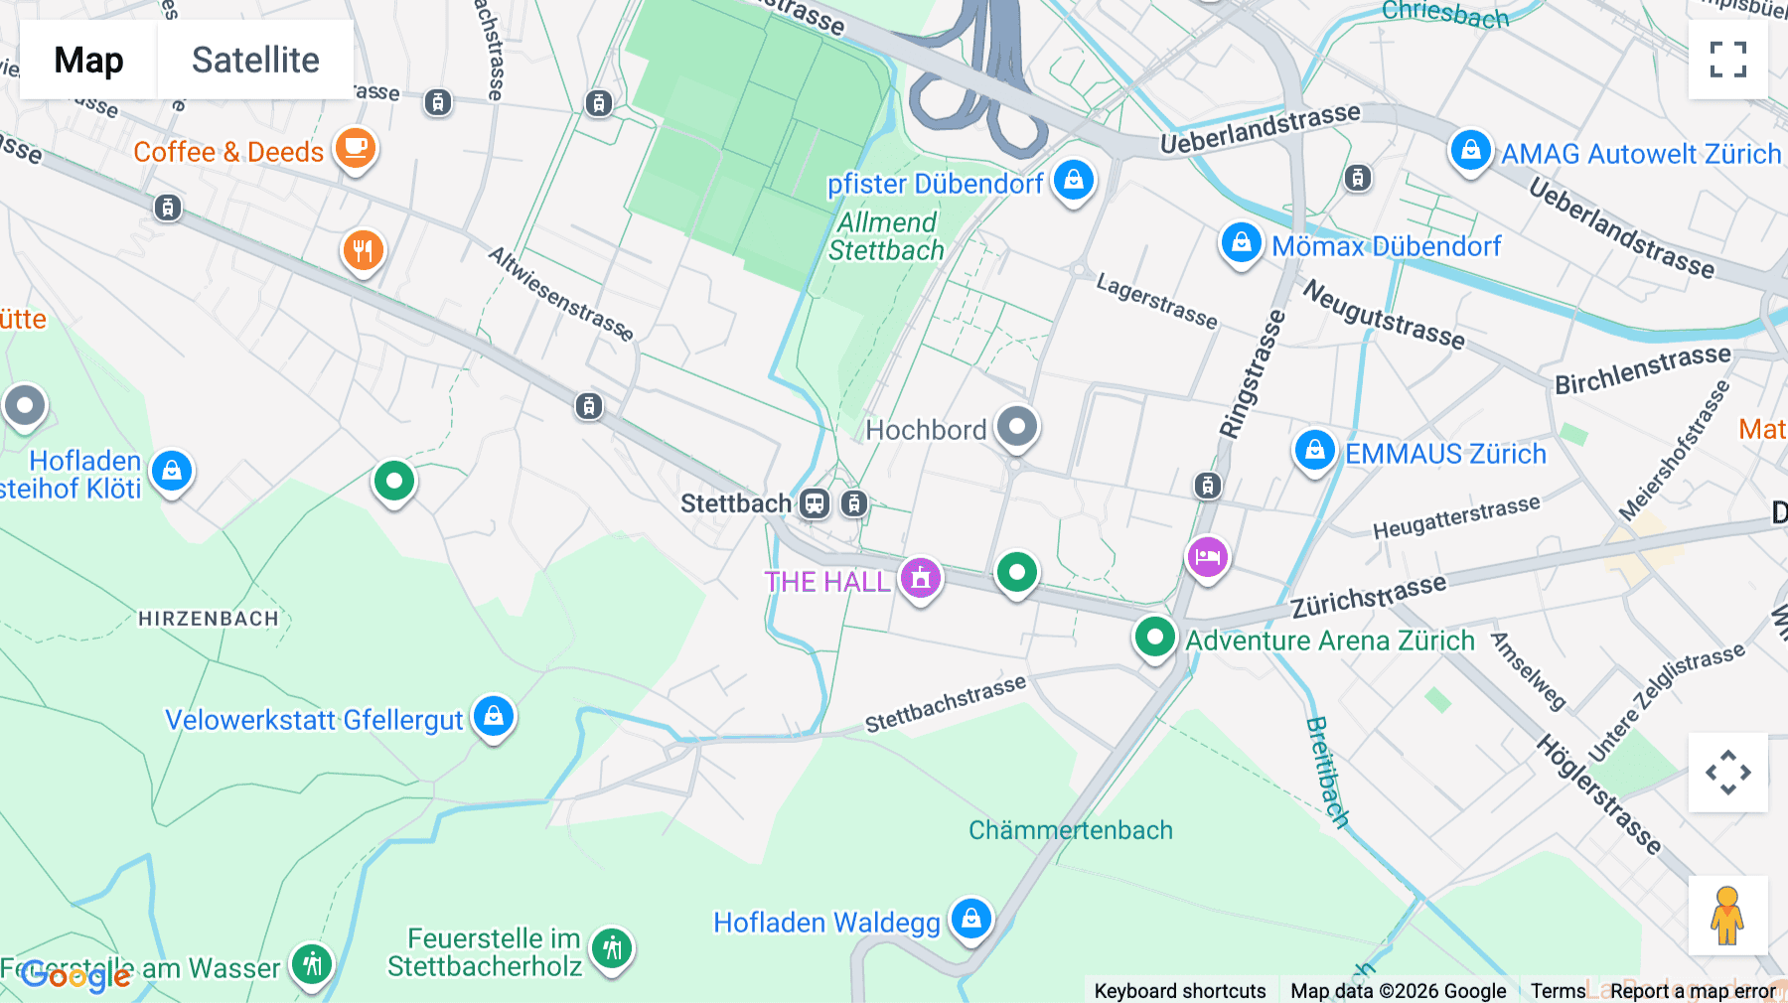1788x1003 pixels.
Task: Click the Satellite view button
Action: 255,60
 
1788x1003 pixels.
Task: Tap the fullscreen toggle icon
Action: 1727,60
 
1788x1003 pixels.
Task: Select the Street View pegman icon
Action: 1727,916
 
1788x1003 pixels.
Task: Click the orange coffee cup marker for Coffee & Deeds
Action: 355,149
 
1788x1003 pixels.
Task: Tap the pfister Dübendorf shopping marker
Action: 1073,181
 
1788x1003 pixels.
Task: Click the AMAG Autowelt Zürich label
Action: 1640,154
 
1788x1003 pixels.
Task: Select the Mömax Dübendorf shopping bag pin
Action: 1241,243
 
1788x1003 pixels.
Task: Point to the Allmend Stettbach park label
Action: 886,236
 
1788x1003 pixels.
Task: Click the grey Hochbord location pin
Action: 1016,428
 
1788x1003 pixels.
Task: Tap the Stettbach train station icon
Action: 815,503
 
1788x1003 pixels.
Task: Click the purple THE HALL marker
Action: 921,577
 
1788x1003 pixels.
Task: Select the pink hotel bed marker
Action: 1207,557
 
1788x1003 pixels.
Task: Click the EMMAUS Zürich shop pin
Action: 1314,451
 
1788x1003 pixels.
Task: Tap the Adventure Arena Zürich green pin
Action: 1154,637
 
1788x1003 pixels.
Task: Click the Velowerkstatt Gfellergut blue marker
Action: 494,716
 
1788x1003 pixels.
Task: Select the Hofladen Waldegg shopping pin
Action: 970,919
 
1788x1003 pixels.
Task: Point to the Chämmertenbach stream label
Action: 1070,830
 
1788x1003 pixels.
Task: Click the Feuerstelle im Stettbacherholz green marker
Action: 612,948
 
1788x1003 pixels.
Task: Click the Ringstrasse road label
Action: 1253,375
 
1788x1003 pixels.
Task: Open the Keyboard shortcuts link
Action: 1179,991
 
